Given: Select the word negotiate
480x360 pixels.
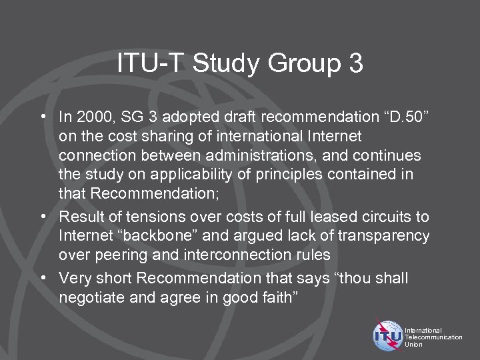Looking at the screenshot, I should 87,297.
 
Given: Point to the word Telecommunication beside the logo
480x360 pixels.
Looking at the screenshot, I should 433,337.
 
